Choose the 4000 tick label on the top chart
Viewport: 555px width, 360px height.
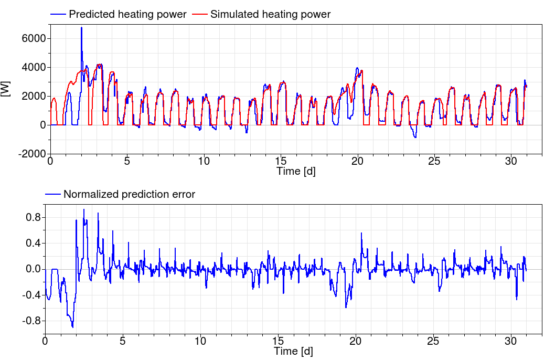tap(32, 67)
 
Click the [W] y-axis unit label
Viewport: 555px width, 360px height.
tap(6, 88)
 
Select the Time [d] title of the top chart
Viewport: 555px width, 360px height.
tap(296, 171)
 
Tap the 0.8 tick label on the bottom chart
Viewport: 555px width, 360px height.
tap(33, 217)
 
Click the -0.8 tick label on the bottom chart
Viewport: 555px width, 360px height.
tap(31, 321)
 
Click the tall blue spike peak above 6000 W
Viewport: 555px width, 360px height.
tap(81, 27)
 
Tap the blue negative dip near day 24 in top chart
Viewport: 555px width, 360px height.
tap(415, 137)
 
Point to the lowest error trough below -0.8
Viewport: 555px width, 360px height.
tap(72, 327)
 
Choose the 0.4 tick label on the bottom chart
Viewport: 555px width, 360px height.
tap(33, 243)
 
